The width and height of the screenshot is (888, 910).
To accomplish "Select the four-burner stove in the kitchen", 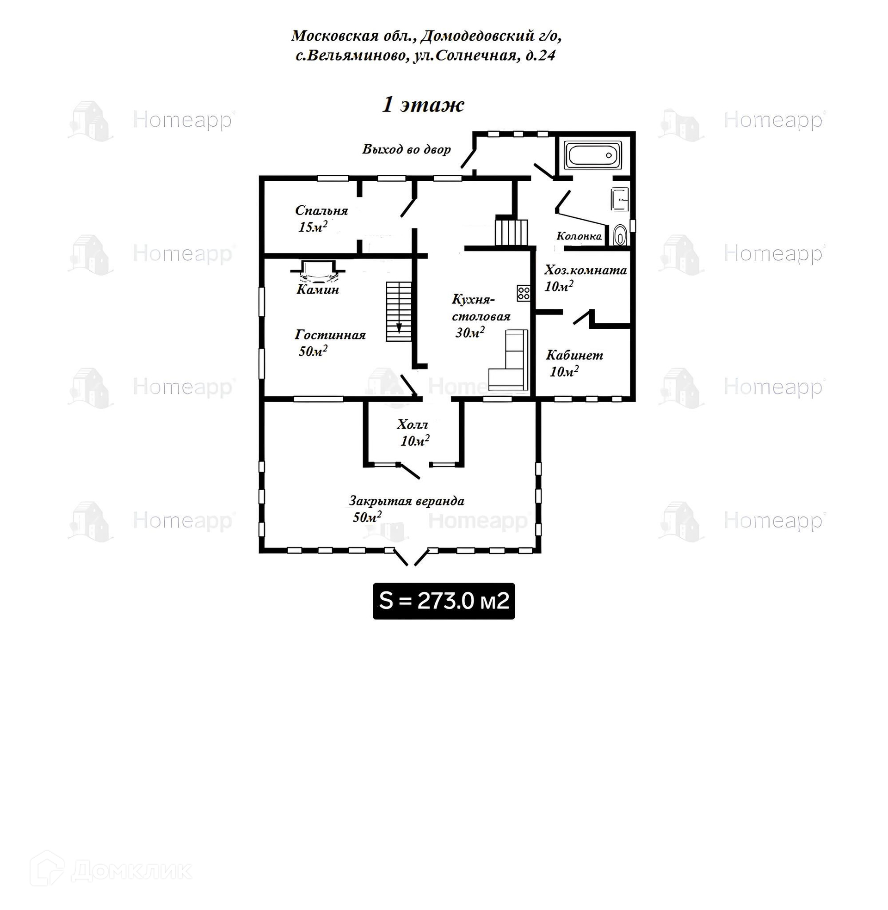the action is [x=523, y=293].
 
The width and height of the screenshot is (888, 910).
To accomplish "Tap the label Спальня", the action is [x=321, y=210].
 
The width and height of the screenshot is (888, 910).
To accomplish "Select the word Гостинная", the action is [x=330, y=335].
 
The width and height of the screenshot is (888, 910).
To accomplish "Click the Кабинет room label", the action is [x=574, y=355].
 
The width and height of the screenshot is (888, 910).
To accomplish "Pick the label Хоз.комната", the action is [x=586, y=270].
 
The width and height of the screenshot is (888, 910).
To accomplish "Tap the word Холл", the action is [x=412, y=424].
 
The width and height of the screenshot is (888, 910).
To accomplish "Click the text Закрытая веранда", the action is [x=407, y=501].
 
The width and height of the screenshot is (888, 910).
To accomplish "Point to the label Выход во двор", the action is [x=407, y=149].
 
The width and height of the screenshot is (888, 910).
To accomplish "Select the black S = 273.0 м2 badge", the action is [x=444, y=601].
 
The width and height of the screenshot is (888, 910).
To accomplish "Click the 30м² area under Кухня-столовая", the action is [x=470, y=332].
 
